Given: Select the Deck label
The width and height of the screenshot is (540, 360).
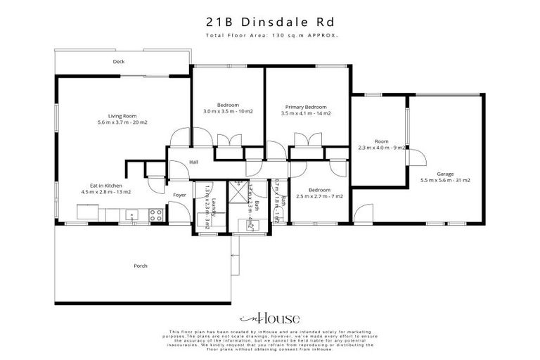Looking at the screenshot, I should pyautogui.click(x=119, y=62).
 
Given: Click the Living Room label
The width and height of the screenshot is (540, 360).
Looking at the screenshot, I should pyautogui.click(x=122, y=115).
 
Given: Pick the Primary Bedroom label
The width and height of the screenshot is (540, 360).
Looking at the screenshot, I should pyautogui.click(x=306, y=106).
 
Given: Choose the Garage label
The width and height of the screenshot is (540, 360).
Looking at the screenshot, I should pyautogui.click(x=445, y=174).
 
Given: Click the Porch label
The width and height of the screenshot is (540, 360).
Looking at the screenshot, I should pyautogui.click(x=141, y=266).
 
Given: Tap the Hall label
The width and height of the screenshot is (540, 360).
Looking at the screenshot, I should pyautogui.click(x=193, y=163).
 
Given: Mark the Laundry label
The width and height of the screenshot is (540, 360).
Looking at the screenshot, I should pyautogui.click(x=212, y=209).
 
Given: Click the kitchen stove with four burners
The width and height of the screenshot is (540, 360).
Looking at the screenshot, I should pyautogui.click(x=155, y=215).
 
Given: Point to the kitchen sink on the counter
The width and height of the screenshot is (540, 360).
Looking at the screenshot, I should pyautogui.click(x=131, y=214).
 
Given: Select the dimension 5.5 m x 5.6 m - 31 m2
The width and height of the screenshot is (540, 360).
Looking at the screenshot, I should pyautogui.click(x=445, y=181).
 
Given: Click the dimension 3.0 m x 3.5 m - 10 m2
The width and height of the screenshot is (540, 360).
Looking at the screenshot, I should pyautogui.click(x=228, y=112).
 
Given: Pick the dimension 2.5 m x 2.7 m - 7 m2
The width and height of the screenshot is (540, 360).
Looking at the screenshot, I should pyautogui.click(x=319, y=196).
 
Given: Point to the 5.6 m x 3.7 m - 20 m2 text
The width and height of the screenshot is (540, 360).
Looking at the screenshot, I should pyautogui.click(x=122, y=122).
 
